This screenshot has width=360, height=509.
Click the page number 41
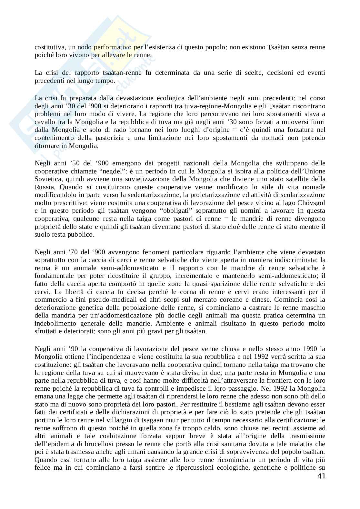point(321,476)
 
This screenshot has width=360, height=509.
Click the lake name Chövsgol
point(311,202)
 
